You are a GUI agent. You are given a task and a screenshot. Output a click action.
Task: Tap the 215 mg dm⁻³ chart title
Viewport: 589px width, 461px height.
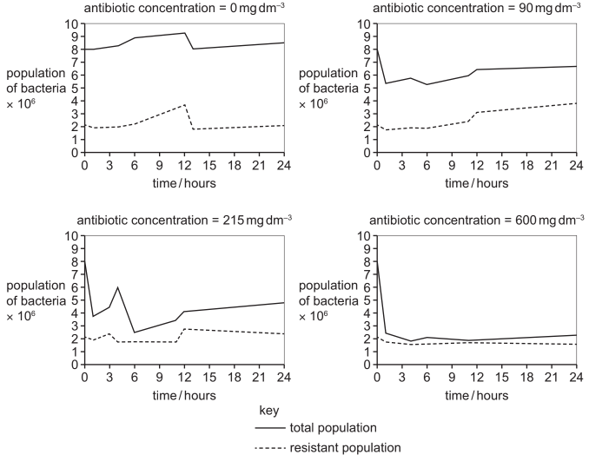click(x=184, y=221)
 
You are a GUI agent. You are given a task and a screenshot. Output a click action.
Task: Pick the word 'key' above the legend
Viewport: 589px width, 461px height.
click(x=269, y=407)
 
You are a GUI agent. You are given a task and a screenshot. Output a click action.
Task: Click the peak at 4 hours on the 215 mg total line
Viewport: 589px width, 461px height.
click(x=117, y=287)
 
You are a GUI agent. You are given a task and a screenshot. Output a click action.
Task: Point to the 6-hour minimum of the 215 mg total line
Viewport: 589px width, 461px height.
click(x=135, y=332)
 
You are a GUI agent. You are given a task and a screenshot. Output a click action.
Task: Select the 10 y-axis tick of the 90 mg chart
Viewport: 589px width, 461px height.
click(x=366, y=23)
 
